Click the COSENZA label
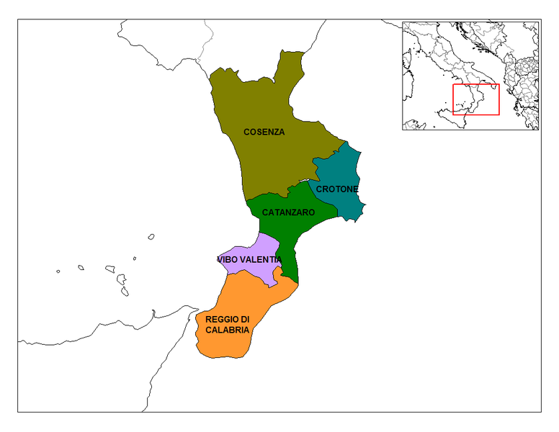pos(264,132)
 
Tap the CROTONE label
pos(337,189)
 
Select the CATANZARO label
pos(288,213)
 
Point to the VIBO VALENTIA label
pos(249,259)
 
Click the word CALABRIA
pos(228,330)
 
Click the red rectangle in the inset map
pos(475,99)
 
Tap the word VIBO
pos(227,259)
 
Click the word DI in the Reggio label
pos(245,319)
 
